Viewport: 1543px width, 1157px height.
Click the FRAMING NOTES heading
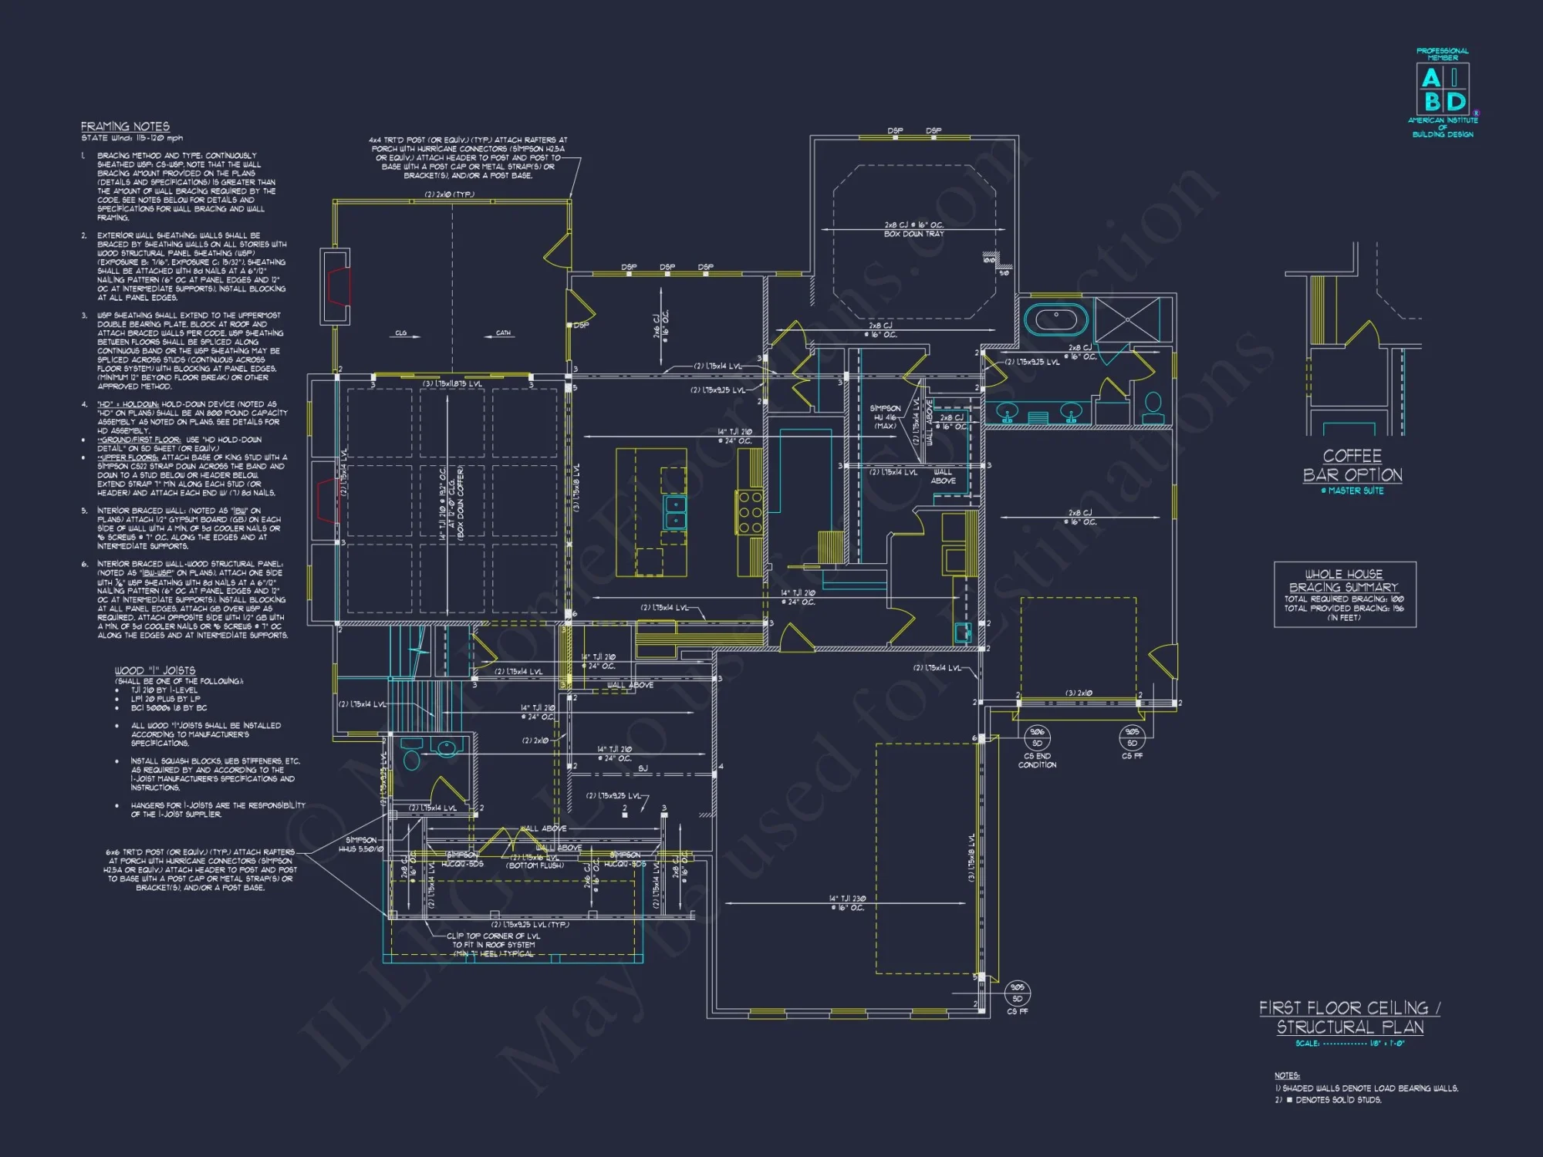point(125,126)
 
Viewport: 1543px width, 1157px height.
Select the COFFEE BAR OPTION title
point(1352,465)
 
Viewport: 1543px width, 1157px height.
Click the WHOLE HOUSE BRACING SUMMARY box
point(1344,594)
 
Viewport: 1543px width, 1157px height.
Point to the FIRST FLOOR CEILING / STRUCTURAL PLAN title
point(1349,1017)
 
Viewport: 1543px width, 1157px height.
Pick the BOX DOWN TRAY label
point(913,234)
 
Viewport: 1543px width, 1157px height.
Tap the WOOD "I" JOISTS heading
point(154,670)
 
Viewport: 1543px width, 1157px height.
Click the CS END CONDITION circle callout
point(1037,737)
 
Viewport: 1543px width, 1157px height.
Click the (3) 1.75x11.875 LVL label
point(452,384)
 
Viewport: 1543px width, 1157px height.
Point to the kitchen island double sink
point(675,512)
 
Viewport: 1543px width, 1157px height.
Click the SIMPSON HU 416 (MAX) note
point(885,417)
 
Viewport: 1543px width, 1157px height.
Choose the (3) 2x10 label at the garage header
point(1079,693)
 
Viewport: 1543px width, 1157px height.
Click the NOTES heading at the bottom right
point(1286,1075)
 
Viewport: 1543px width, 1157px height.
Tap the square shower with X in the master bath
point(1126,319)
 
